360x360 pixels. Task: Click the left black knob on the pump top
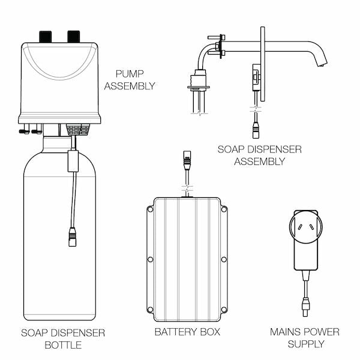pos(46,36)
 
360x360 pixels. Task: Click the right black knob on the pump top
pos(74,36)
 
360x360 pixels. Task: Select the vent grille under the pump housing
pos(79,128)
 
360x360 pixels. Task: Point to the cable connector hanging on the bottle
pos(73,236)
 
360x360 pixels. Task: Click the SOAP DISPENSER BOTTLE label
pos(63,338)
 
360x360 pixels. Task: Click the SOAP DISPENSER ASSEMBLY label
pos(259,155)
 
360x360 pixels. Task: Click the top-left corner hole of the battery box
pos(150,209)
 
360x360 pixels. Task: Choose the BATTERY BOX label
pos(187,332)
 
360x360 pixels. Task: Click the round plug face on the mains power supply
pos(306,227)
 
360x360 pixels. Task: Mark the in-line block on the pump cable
pos(73,160)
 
